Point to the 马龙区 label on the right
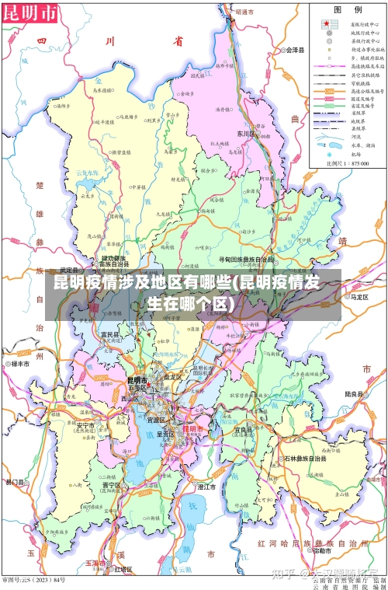pos(362,296)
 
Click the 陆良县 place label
pos(354,394)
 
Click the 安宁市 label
pos(85,426)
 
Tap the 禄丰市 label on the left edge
pos(16,363)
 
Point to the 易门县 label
pos(15,483)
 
